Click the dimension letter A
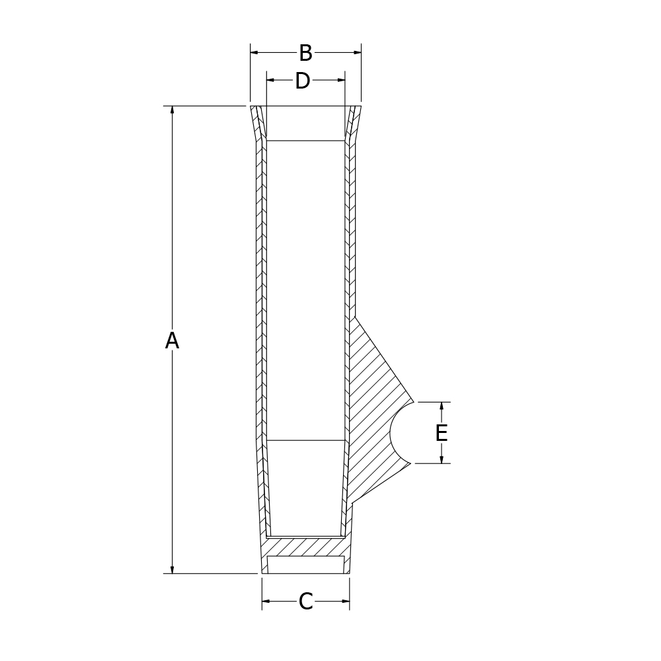172,340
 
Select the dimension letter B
305,53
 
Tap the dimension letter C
305,601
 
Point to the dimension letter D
302,81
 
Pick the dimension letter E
442,433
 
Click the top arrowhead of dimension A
172,110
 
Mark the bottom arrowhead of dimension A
172,570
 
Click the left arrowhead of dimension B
254,52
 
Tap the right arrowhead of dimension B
357,52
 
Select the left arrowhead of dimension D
271,80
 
